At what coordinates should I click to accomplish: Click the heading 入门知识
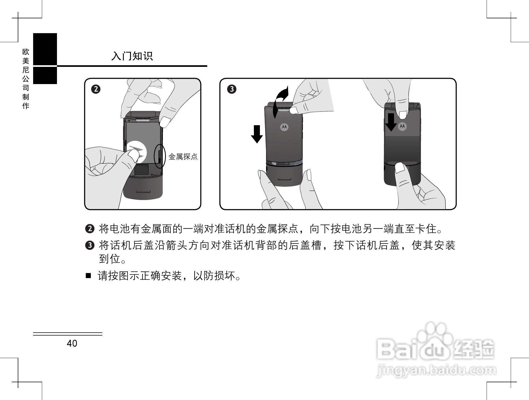pos(132,56)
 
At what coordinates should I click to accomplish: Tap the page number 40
pos(72,344)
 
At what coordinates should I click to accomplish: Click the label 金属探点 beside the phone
pos(183,156)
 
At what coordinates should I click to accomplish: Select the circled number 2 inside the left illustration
pos(96,89)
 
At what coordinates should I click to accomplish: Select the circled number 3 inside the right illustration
pos(232,89)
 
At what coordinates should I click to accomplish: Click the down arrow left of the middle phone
pos(257,134)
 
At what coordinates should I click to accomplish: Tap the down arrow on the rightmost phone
pos(391,122)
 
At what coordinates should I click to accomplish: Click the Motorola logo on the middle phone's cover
pos(284,127)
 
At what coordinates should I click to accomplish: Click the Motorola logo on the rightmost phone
pos(402,127)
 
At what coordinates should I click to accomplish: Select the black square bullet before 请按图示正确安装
pos(88,276)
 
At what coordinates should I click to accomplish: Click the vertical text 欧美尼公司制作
pos(26,79)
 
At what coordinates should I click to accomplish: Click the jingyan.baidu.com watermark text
pos(436,370)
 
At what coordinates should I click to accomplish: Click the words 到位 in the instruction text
pos(110,259)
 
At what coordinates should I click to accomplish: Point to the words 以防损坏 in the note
pos(214,276)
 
